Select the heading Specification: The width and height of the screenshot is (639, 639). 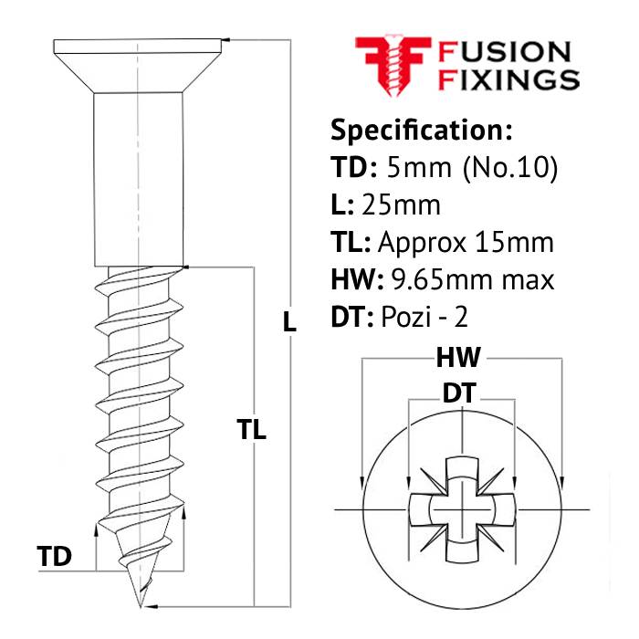(421, 130)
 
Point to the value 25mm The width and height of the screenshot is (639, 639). (401, 204)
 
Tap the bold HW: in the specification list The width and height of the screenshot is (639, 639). (354, 278)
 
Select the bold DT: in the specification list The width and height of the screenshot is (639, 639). (351, 316)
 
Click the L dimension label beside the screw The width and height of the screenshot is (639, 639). (289, 321)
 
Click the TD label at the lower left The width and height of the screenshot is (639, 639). (54, 556)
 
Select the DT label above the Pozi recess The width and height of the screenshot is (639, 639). (462, 393)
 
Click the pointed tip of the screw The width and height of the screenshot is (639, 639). (140, 602)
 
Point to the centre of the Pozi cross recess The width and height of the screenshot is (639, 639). (462, 507)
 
